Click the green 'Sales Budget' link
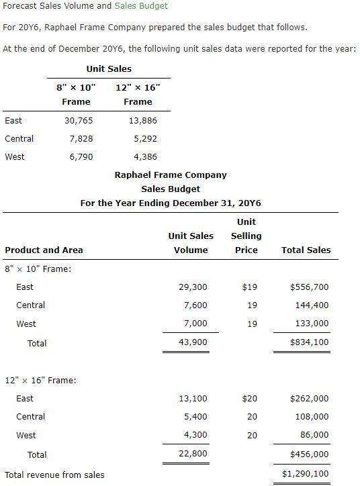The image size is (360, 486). click(140, 5)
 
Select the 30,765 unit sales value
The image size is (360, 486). click(79, 121)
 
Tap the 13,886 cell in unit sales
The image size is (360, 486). click(142, 121)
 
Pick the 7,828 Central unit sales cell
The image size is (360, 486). click(81, 139)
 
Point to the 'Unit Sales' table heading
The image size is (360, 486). click(109, 68)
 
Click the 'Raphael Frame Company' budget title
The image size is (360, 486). click(171, 175)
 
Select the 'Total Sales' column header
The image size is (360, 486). click(306, 250)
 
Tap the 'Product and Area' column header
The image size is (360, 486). click(44, 250)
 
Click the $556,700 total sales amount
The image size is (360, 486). click(309, 287)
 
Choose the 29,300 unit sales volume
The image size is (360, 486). click(193, 287)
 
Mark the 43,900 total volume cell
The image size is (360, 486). click(193, 342)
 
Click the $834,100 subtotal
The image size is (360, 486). click(309, 342)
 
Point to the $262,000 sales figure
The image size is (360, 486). click(309, 399)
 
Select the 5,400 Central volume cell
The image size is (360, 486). click(195, 417)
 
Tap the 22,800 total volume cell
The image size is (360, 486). click(193, 454)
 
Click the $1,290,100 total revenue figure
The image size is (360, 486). click(306, 474)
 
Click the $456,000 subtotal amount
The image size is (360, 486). click(309, 454)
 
